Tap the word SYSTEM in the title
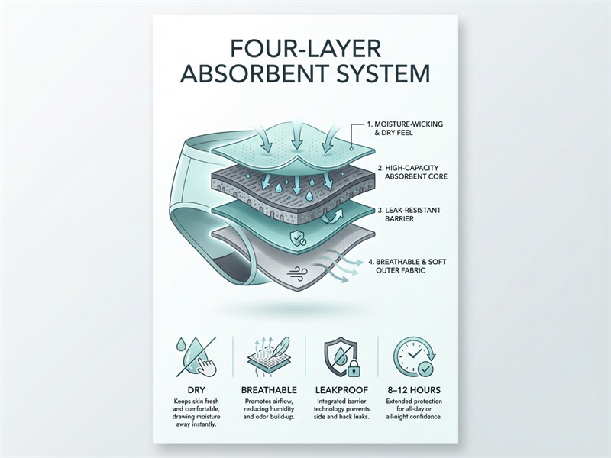(x=382, y=74)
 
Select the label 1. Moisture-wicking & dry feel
(x=405, y=128)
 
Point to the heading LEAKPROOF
(x=341, y=390)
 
